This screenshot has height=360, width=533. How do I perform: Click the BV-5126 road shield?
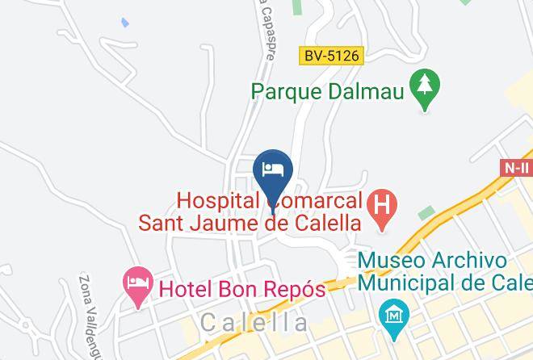[333, 57]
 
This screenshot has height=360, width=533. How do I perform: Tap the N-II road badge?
[515, 168]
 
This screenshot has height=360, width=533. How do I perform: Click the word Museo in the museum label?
[392, 262]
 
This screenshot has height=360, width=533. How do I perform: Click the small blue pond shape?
[124, 22]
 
